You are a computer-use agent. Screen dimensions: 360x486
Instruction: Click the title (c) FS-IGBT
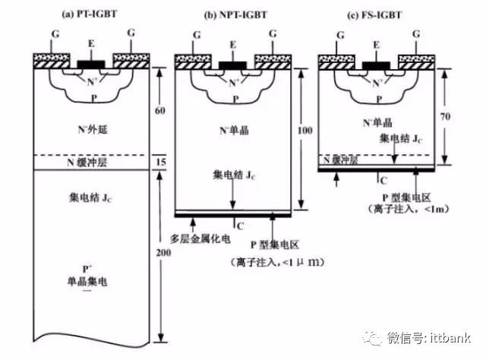click(x=376, y=14)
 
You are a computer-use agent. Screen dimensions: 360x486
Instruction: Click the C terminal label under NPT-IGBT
click(x=240, y=226)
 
